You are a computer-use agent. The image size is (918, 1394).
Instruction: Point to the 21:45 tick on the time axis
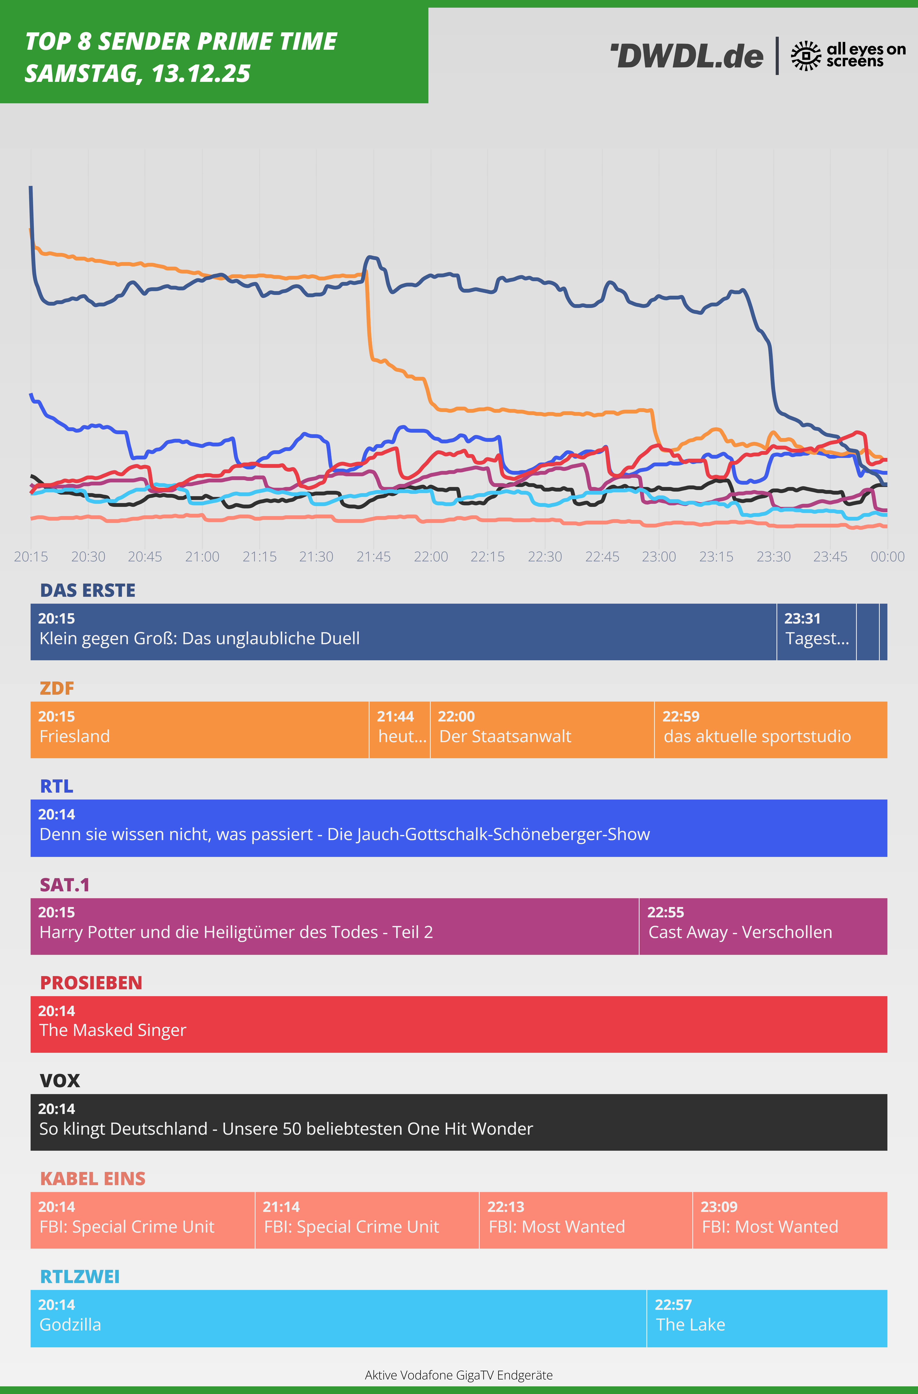(x=374, y=556)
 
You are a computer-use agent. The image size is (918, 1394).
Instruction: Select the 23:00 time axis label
(x=659, y=556)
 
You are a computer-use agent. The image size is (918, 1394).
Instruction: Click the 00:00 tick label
(x=887, y=556)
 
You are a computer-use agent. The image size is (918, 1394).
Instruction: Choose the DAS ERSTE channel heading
(x=88, y=590)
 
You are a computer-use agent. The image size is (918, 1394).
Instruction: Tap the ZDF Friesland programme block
(x=199, y=729)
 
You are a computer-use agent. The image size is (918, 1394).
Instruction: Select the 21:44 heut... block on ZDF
(x=399, y=729)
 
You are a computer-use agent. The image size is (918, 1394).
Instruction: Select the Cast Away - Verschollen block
(x=763, y=926)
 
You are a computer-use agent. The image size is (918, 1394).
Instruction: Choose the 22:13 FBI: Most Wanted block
(x=585, y=1220)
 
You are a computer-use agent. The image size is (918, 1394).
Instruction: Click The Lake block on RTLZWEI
(x=766, y=1318)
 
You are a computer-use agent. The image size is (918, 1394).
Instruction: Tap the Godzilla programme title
(x=70, y=1325)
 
